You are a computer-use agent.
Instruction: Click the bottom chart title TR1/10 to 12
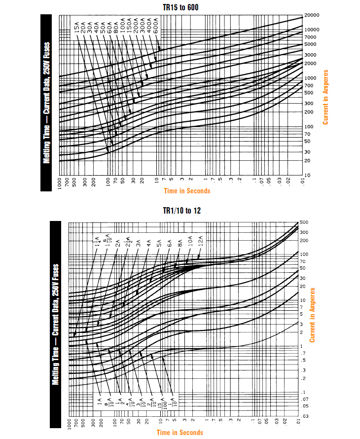181,211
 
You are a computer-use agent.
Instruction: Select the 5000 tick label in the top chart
310,44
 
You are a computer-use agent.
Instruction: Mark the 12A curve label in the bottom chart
201,242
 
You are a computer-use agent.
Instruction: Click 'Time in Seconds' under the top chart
187,191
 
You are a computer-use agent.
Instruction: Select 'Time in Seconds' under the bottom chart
180,433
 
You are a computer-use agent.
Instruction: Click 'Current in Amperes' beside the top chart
325,97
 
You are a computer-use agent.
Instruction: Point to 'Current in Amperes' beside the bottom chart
312,315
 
